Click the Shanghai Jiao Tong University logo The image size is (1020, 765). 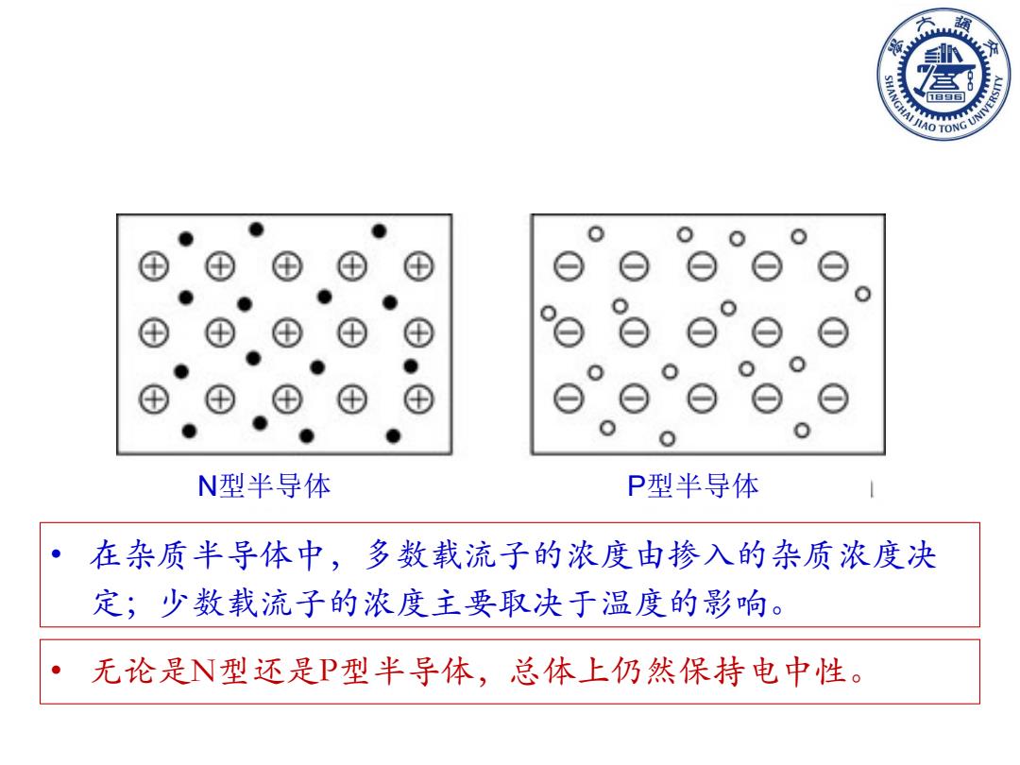(943, 74)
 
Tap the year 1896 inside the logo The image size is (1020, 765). (945, 96)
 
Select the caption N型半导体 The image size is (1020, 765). (264, 486)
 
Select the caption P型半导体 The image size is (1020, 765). (693, 486)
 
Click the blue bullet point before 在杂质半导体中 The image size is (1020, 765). (57, 554)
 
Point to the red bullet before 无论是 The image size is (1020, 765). (57, 670)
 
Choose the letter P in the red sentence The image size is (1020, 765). (330, 671)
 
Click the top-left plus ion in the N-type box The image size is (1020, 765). (154, 266)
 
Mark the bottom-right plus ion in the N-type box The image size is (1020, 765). (419, 399)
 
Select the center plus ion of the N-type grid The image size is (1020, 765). (287, 332)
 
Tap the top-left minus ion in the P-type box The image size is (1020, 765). (569, 266)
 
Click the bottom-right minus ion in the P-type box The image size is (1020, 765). (833, 399)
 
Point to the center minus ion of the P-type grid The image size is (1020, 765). (702, 332)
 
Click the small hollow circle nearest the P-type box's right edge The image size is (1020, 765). (862, 294)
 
